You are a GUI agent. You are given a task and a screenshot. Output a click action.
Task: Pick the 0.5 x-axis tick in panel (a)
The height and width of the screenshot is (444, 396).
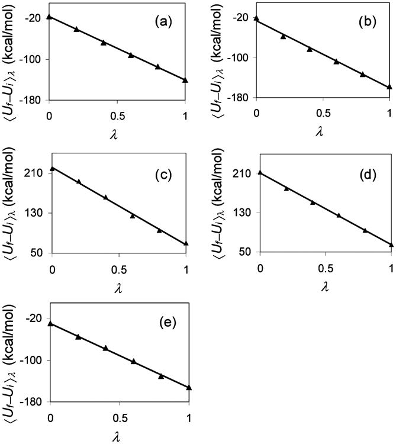click(117, 112)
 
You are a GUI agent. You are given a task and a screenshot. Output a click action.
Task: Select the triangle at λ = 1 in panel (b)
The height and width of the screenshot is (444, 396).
click(389, 86)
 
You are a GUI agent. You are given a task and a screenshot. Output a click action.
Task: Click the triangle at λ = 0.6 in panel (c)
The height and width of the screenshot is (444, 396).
click(133, 216)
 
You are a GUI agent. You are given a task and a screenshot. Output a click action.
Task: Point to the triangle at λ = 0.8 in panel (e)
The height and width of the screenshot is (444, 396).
click(161, 376)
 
